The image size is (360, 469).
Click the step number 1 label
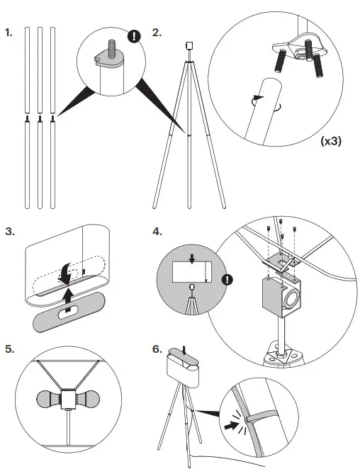coord(9,33)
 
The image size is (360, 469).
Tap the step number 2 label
coord(157,33)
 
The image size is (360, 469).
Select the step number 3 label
coord(10,232)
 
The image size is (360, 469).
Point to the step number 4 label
coord(157,232)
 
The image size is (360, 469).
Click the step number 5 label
coord(10,349)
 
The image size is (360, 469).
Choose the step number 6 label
coord(157,349)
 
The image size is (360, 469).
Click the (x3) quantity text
coord(331,141)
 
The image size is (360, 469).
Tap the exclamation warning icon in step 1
coord(134,36)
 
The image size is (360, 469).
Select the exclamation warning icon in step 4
coord(227,280)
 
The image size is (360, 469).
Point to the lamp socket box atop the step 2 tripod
coord(189,45)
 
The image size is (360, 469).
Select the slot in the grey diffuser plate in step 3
coord(69,313)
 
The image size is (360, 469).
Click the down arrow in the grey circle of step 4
coord(192,259)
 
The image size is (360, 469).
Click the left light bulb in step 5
coord(48,399)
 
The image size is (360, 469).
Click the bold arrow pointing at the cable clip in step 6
coord(232,425)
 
